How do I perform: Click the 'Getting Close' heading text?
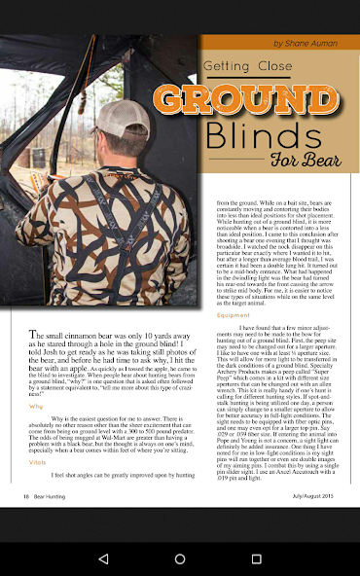coord(248,66)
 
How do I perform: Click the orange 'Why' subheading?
coord(36,406)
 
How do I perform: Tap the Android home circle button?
coord(180,559)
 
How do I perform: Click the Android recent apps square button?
coord(257,559)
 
